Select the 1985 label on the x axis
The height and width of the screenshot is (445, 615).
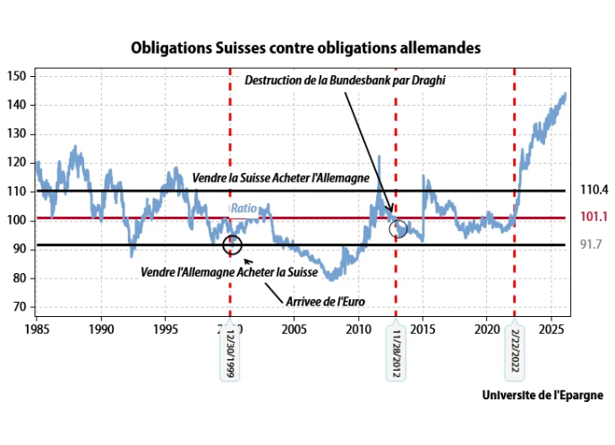click(x=36, y=329)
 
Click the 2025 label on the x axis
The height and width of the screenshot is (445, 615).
click(x=552, y=329)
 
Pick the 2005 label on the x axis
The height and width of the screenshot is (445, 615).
click(x=295, y=329)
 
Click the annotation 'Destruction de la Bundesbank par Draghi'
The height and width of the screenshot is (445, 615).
click(x=345, y=81)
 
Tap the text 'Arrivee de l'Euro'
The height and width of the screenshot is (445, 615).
click(x=319, y=301)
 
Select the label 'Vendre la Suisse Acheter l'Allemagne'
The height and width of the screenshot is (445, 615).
click(x=280, y=178)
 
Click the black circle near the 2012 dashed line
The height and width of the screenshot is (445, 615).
click(x=398, y=229)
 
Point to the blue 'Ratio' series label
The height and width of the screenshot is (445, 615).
click(x=243, y=209)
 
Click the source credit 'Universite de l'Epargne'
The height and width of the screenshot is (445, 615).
click(x=542, y=395)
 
